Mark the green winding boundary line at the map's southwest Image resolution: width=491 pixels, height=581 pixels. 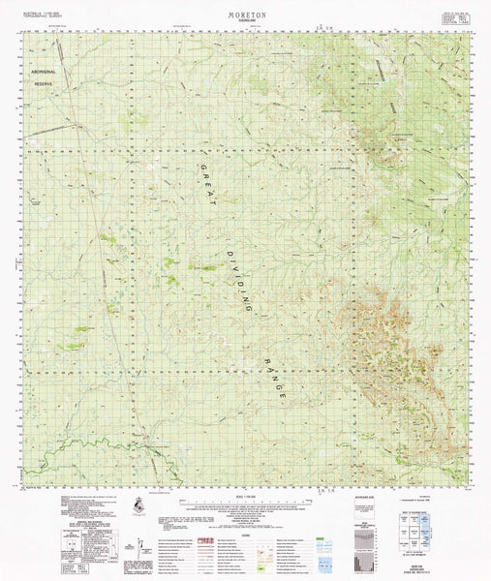[116, 446]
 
